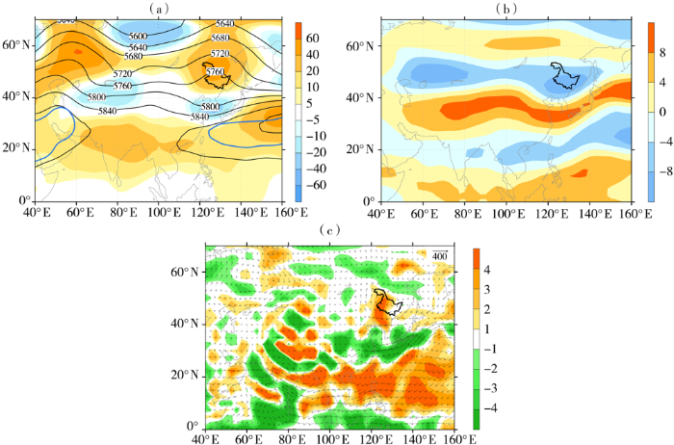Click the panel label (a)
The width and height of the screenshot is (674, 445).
coord(161,8)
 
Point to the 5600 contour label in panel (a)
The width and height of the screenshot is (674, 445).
coord(138,36)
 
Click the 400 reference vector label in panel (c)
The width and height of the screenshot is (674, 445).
coord(439,255)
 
